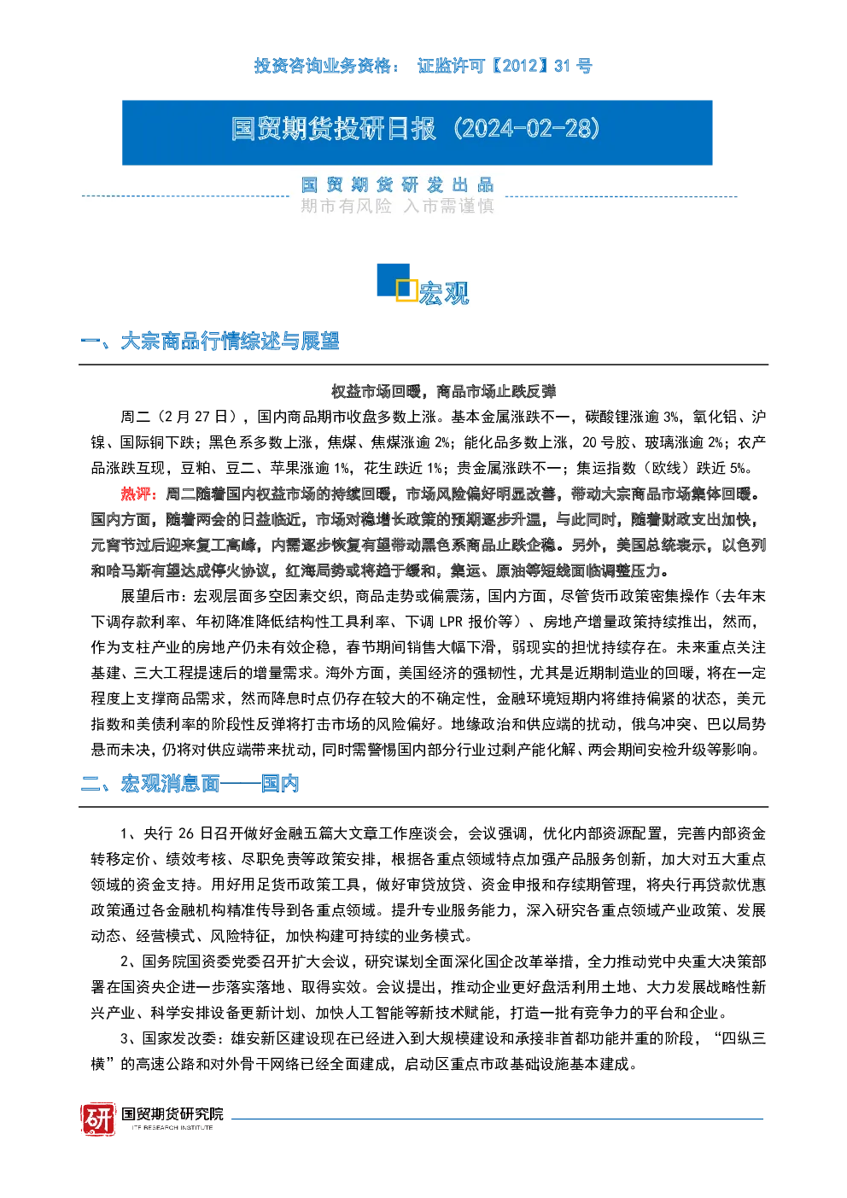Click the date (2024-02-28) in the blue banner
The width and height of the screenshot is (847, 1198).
pos(527,129)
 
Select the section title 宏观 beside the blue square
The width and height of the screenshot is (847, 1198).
pos(444,293)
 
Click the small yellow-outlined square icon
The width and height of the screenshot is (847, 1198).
pos(406,289)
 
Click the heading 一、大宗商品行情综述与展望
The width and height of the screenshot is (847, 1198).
pos(209,341)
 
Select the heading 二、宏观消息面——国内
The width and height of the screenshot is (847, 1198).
pos(190,783)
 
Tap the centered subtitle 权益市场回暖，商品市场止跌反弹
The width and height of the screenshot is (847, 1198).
pos(444,391)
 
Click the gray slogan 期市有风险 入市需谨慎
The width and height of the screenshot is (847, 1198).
pos(397,206)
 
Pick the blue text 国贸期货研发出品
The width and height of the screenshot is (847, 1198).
pos(397,184)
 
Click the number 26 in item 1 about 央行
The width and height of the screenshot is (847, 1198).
pos(185,833)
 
